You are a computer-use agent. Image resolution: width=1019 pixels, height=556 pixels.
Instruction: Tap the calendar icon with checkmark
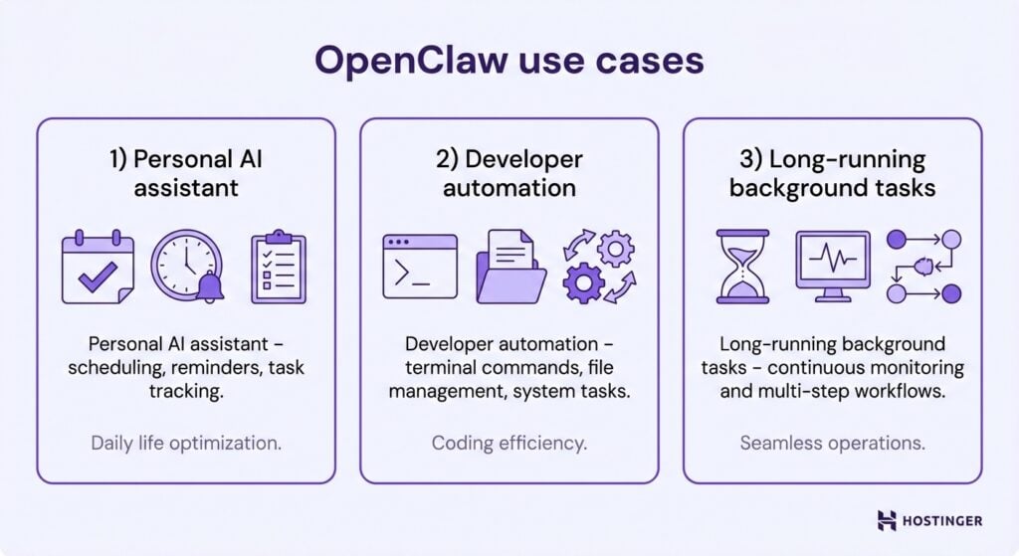(97, 267)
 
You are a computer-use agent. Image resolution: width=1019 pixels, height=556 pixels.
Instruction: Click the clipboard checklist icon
(279, 267)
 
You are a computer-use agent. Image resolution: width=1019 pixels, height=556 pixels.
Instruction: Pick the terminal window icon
(420, 267)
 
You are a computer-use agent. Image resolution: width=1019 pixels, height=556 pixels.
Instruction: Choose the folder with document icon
(510, 267)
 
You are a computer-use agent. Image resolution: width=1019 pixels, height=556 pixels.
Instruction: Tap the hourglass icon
(742, 267)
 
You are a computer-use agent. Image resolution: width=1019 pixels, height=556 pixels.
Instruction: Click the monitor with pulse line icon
(833, 267)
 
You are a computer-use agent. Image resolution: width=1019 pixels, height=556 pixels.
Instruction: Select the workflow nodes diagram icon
(924, 267)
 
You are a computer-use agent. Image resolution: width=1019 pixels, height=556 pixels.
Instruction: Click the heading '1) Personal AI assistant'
(187, 173)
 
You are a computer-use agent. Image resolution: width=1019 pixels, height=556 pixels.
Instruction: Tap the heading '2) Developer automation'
(509, 173)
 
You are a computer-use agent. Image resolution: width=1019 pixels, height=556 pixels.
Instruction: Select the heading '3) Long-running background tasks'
(833, 173)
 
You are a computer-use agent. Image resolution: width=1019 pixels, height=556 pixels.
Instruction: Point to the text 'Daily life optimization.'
(186, 443)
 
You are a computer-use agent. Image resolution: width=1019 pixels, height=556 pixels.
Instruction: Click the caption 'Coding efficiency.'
(509, 443)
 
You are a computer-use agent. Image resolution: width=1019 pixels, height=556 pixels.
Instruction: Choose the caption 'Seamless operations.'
(833, 443)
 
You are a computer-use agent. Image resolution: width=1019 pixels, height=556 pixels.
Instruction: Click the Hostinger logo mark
(887, 520)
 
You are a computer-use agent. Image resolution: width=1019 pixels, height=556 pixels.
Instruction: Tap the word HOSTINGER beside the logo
(944, 520)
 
